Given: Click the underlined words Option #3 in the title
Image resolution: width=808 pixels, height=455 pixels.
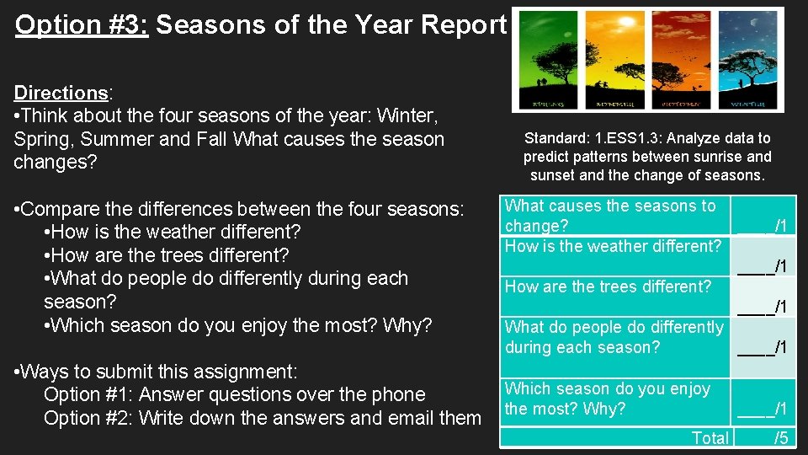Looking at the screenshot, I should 82,25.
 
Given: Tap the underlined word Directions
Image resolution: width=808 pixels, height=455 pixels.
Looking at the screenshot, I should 60,93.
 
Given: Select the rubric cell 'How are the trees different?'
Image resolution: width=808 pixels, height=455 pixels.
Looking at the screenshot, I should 608,286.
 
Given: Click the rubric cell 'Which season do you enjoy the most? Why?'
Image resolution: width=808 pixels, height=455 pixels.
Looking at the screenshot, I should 608,399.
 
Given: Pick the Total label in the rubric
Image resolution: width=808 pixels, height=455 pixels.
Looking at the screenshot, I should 710,437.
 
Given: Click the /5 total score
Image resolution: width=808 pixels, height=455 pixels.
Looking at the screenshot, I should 780,437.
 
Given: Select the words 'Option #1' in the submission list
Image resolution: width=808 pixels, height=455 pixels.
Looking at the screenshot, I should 88,394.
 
